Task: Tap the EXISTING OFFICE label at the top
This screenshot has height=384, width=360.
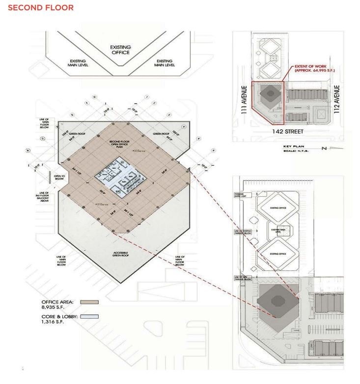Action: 119,50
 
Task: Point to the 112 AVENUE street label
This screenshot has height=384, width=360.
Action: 337,99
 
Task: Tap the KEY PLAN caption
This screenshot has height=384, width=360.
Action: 295,147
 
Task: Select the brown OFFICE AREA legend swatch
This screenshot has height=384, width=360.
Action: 91,303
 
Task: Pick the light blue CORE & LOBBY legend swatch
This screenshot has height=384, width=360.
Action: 91,316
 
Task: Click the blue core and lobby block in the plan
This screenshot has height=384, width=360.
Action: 120,177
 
